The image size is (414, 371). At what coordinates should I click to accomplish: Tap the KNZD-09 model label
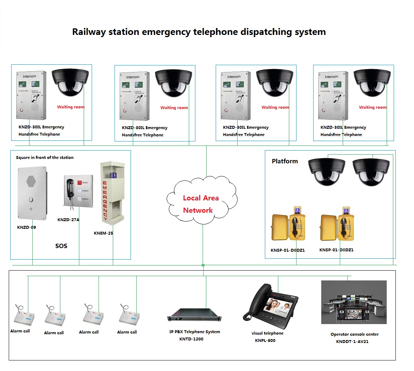coord(27,227)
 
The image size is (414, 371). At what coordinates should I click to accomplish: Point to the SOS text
coord(61,246)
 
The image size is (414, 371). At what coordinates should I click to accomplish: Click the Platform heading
coord(284,161)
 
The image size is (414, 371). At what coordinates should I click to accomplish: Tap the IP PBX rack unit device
coord(194,315)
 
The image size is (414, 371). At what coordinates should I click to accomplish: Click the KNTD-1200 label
coord(191,339)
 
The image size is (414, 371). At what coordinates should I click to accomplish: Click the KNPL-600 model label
coord(265,340)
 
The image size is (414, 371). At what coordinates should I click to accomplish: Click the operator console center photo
coord(354,302)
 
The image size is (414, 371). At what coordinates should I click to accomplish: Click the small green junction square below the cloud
coord(203,265)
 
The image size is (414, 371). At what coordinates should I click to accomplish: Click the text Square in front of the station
coord(45,157)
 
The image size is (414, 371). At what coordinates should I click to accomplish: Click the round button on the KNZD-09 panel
coord(31,199)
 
